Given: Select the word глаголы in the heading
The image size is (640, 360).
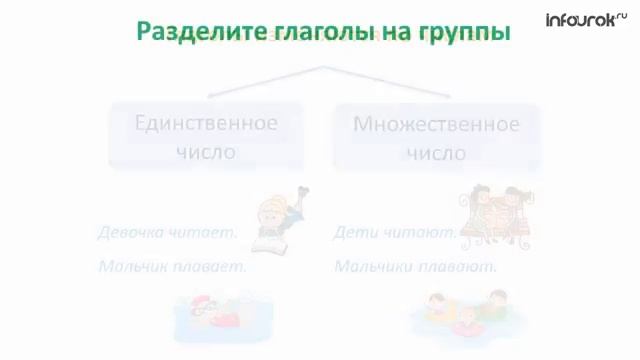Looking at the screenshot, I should pyautogui.click(x=311, y=31).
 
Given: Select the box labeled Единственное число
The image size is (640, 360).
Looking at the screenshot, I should pyautogui.click(x=206, y=137).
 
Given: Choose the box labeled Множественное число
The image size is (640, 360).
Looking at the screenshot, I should pyautogui.click(x=436, y=137).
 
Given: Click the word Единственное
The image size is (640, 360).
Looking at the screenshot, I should pyautogui.click(x=206, y=124).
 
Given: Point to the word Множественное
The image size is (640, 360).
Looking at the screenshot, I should pyautogui.click(x=436, y=124).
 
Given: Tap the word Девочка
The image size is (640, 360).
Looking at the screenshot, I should pyautogui.click(x=131, y=232).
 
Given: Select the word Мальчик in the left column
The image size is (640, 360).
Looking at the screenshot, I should pyautogui.click(x=133, y=267).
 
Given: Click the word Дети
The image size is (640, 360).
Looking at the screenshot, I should pyautogui.click(x=354, y=232).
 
